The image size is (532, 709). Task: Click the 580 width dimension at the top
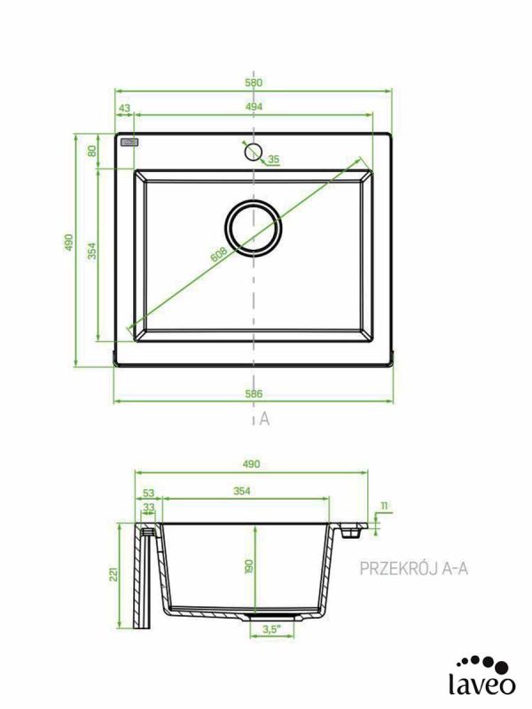click(x=254, y=82)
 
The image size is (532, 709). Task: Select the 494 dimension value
click(x=254, y=106)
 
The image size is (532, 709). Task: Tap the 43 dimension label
click(x=124, y=108)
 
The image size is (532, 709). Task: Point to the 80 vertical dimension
click(x=92, y=151)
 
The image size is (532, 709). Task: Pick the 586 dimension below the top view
click(x=254, y=393)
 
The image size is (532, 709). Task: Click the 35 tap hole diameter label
click(x=274, y=160)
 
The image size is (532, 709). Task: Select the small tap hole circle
click(x=253, y=152)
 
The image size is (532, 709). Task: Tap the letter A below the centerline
click(x=264, y=419)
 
